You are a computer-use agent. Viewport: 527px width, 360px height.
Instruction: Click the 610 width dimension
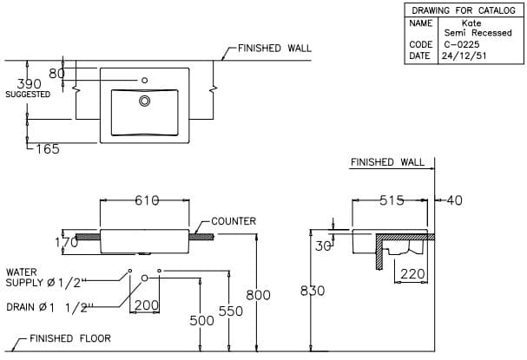pos(146,200)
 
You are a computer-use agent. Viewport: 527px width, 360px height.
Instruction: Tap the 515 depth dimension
pos(392,200)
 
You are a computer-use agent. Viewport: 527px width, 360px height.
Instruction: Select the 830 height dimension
pos(313,291)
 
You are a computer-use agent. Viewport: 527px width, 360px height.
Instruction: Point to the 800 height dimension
pos(258,295)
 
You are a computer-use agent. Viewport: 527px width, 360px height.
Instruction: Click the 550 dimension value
pos(230,310)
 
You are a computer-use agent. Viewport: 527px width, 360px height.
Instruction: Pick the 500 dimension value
pos(201,321)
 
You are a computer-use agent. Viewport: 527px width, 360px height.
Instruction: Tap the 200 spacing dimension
pos(147,305)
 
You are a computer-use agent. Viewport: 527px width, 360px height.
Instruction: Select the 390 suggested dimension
pos(30,83)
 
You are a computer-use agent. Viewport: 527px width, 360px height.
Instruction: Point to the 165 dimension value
pos(47,149)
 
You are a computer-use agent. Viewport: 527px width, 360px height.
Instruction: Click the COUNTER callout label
pos(234,221)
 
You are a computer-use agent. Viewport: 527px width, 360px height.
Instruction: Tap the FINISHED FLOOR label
pos(70,338)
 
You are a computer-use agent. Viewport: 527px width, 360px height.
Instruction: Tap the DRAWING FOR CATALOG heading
pos(464,10)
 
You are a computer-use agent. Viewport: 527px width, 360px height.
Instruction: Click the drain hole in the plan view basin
pos(145,101)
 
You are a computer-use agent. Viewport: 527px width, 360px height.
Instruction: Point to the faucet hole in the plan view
pos(145,80)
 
